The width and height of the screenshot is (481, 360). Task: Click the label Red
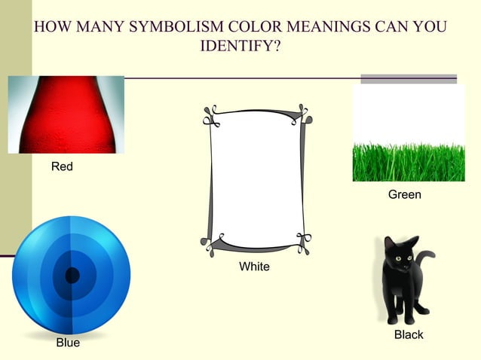[x=62, y=166]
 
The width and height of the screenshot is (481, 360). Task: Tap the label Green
[x=404, y=195]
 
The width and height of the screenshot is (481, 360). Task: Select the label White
[x=254, y=267]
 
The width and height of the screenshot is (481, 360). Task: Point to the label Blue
[x=68, y=343]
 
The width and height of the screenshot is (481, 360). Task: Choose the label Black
[x=409, y=334]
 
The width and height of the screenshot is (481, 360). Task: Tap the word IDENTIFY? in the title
[x=240, y=47]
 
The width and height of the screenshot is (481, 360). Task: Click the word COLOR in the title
[x=261, y=28]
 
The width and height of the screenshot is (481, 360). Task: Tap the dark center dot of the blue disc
[x=72, y=276]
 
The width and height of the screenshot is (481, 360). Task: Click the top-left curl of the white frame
[x=210, y=115]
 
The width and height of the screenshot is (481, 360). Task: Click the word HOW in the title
[x=52, y=28]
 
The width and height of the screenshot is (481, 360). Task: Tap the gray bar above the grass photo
[x=409, y=78]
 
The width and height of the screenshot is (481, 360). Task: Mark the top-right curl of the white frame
[x=303, y=115]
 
